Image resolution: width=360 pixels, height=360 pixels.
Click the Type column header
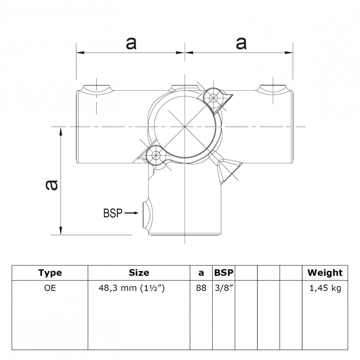point(50,273)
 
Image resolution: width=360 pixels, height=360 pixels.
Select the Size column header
point(139,273)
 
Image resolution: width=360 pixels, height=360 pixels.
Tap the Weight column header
point(325,273)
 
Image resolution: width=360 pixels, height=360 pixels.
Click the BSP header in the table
point(224,273)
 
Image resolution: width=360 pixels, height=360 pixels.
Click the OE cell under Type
point(50,288)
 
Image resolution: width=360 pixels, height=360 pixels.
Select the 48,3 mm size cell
point(132,288)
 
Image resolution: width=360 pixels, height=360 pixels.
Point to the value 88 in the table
point(201,288)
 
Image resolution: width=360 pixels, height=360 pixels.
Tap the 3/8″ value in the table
point(224,288)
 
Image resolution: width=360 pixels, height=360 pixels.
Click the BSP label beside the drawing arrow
point(113,213)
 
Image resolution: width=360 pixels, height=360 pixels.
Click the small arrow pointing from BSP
point(131,213)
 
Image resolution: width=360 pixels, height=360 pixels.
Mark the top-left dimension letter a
point(131,43)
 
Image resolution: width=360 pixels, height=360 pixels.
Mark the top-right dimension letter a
point(241,43)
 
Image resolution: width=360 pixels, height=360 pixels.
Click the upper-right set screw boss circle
point(214,97)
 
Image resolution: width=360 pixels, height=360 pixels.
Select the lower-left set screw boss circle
point(155,155)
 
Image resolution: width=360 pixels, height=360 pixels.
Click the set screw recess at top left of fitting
point(97,88)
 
